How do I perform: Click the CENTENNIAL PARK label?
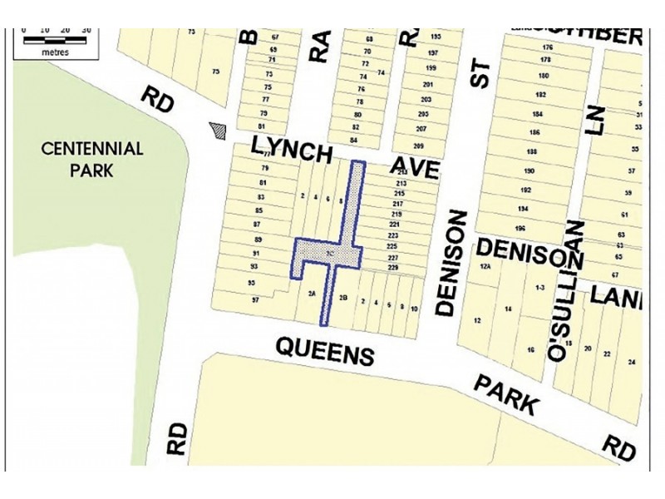point(93,160)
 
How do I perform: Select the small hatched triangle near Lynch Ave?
point(219,131)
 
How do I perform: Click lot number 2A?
point(312,294)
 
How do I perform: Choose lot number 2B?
point(343,298)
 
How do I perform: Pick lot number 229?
point(393,268)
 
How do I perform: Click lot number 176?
point(546,47)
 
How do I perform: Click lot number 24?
point(631,363)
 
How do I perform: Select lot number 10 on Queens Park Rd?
point(413,308)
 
